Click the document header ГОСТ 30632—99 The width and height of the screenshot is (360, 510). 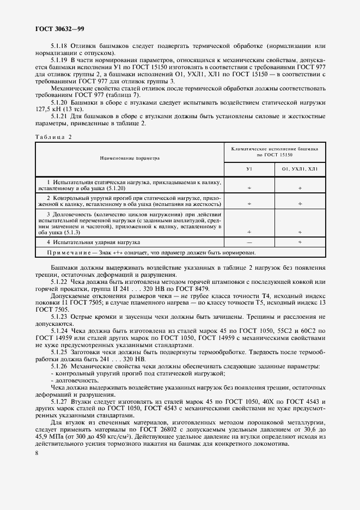click(52, 28)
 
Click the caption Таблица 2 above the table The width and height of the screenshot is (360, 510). click(53, 137)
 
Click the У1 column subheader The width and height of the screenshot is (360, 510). click(249, 169)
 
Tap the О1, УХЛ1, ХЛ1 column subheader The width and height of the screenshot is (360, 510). click(300, 169)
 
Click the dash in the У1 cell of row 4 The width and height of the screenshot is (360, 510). click(249, 241)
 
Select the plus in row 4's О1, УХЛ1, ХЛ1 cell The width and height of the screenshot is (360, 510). click(300, 241)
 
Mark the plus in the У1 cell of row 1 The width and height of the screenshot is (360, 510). click(249, 187)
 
